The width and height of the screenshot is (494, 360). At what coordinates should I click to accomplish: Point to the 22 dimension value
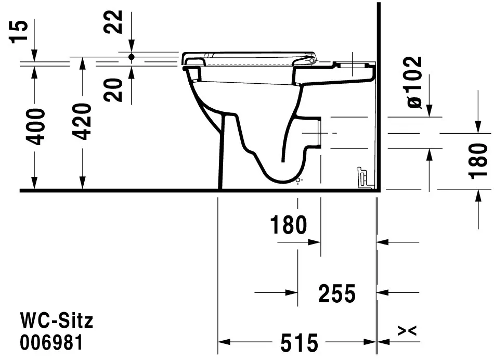(x=116, y=22)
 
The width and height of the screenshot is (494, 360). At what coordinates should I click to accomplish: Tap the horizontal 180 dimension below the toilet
(x=289, y=225)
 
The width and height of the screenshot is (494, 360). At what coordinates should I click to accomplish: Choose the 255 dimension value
(x=336, y=294)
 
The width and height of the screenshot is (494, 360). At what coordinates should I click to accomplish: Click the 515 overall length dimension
(x=299, y=343)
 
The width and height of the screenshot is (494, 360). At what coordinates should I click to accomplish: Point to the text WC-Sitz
(x=57, y=320)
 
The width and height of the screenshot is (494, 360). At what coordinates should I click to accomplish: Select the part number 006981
(x=51, y=343)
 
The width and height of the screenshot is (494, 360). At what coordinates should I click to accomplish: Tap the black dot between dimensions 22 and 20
(x=131, y=56)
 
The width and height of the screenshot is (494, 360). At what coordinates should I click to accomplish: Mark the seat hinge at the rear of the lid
(x=311, y=60)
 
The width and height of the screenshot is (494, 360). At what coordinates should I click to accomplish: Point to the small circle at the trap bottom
(x=297, y=180)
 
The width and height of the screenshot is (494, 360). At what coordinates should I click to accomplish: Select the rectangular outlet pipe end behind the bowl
(x=318, y=132)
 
